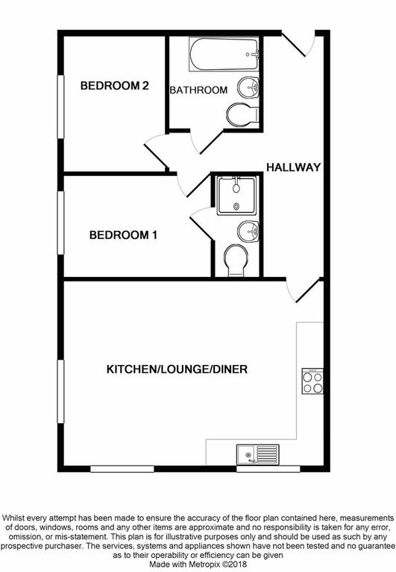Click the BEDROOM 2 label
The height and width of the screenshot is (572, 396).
point(114,86)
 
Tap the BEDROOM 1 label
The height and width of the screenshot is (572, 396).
point(123,235)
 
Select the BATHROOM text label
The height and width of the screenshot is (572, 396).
point(198,90)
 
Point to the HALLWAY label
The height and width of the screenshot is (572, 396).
point(293,167)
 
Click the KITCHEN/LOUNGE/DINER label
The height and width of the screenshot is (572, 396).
point(177,369)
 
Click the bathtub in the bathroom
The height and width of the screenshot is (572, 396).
point(224,54)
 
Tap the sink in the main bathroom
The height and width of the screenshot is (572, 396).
point(248,87)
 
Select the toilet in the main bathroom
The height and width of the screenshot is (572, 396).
point(242,115)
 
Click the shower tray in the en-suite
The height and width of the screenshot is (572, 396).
point(236,196)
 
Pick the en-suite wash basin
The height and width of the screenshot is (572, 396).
point(248,231)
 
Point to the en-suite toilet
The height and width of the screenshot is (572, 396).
point(236,261)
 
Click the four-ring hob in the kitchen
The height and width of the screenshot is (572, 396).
point(312,381)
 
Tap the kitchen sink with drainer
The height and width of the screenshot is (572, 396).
point(257,454)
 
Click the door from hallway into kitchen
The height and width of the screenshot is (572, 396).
point(304,290)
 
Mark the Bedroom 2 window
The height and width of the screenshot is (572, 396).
point(60,107)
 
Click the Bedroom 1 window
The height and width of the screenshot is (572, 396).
point(60,223)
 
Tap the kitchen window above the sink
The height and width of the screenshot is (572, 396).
point(268,468)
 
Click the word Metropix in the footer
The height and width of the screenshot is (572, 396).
point(206,564)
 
